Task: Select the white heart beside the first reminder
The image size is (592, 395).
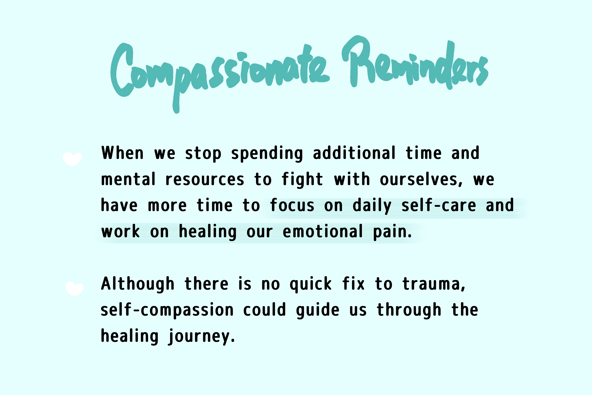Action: click(x=72, y=159)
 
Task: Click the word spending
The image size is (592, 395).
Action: click(x=267, y=153)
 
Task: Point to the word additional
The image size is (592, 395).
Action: click(x=354, y=153)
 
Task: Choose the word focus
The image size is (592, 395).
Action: click(x=292, y=205)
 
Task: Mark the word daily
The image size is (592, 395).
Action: click(x=372, y=206)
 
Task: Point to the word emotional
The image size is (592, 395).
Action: click(x=323, y=231)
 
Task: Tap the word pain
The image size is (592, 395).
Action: click(x=392, y=232)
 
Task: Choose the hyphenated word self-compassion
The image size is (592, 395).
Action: click(x=167, y=311)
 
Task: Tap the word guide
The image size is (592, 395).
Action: click(x=318, y=311)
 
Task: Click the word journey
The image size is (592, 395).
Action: click(x=201, y=337)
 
